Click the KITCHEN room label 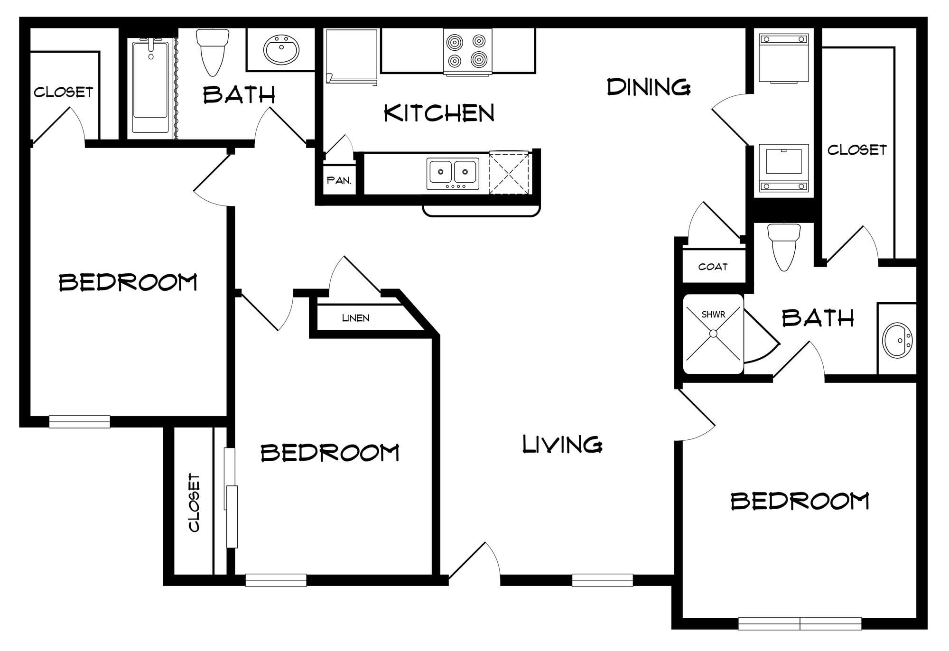click(x=439, y=113)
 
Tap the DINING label click(x=649, y=87)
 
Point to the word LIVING click(x=562, y=445)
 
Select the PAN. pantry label click(x=339, y=181)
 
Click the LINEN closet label click(x=355, y=318)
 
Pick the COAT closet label click(x=713, y=267)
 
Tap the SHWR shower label click(x=713, y=314)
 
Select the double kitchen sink click(x=453, y=174)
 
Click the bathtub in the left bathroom click(x=150, y=86)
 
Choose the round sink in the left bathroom click(x=281, y=49)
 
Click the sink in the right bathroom click(x=896, y=340)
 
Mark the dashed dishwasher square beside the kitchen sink click(x=509, y=173)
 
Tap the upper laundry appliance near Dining click(x=784, y=58)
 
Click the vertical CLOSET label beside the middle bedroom click(x=194, y=502)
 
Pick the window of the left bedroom click(x=80, y=421)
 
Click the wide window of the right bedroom click(x=800, y=623)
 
